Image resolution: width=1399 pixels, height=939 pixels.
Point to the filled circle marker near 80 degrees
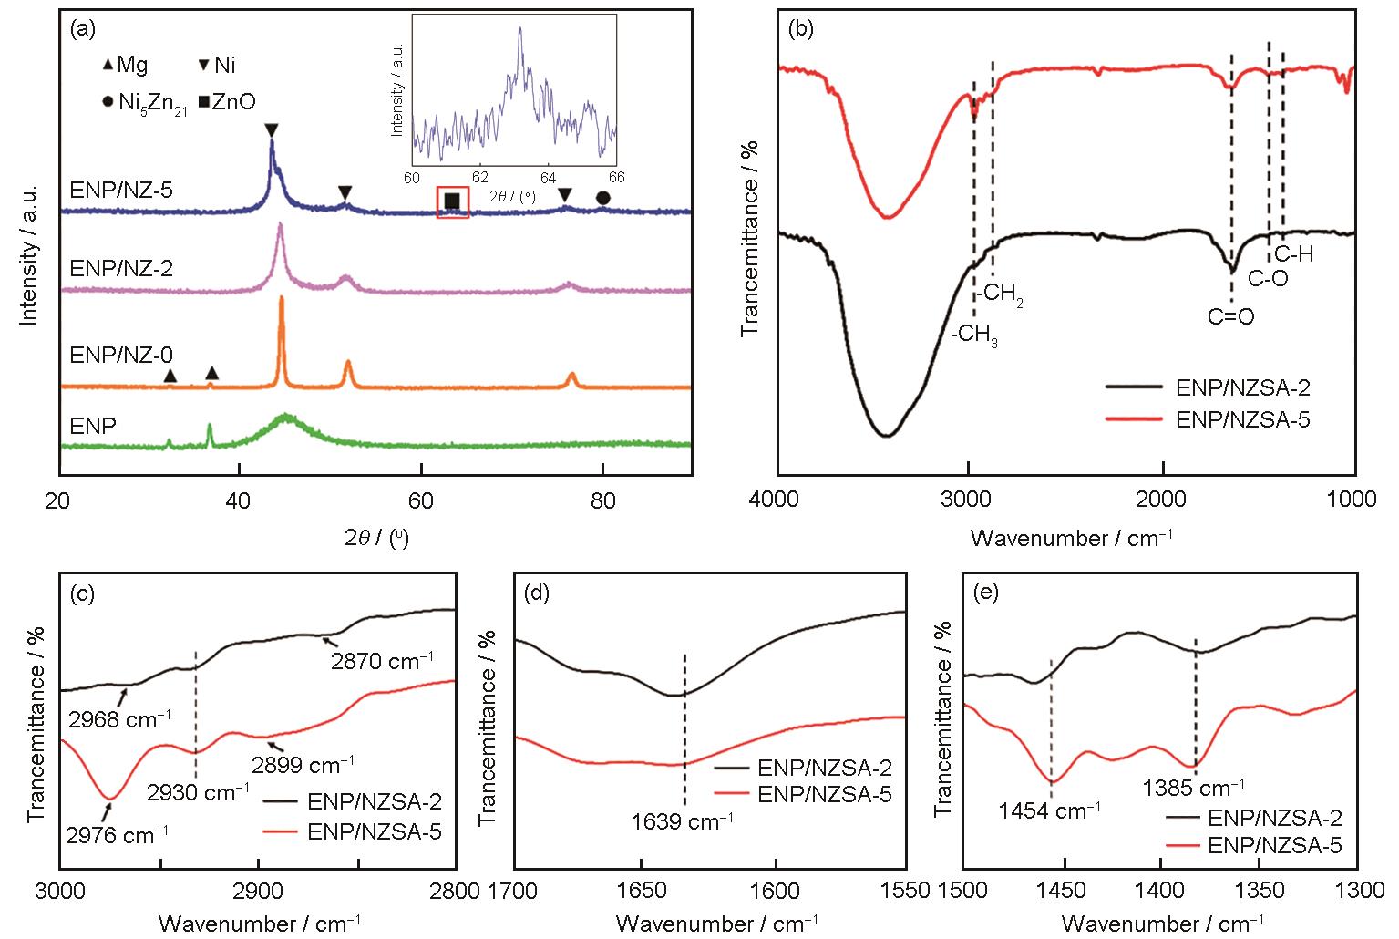click(x=602, y=198)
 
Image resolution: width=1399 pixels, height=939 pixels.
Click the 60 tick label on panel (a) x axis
click(x=420, y=500)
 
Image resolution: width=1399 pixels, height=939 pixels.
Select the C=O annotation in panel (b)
click(x=1231, y=316)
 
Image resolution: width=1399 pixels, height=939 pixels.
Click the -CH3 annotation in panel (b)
click(x=974, y=336)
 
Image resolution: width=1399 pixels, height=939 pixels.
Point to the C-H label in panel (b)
click(x=1293, y=254)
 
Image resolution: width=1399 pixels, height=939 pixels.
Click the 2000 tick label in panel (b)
click(x=1163, y=500)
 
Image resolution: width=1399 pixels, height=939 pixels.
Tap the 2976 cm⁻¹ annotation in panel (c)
click(x=116, y=832)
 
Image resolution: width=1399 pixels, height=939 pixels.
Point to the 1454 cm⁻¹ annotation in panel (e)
click(x=1049, y=810)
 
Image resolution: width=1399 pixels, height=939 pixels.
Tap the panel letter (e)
click(x=987, y=593)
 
